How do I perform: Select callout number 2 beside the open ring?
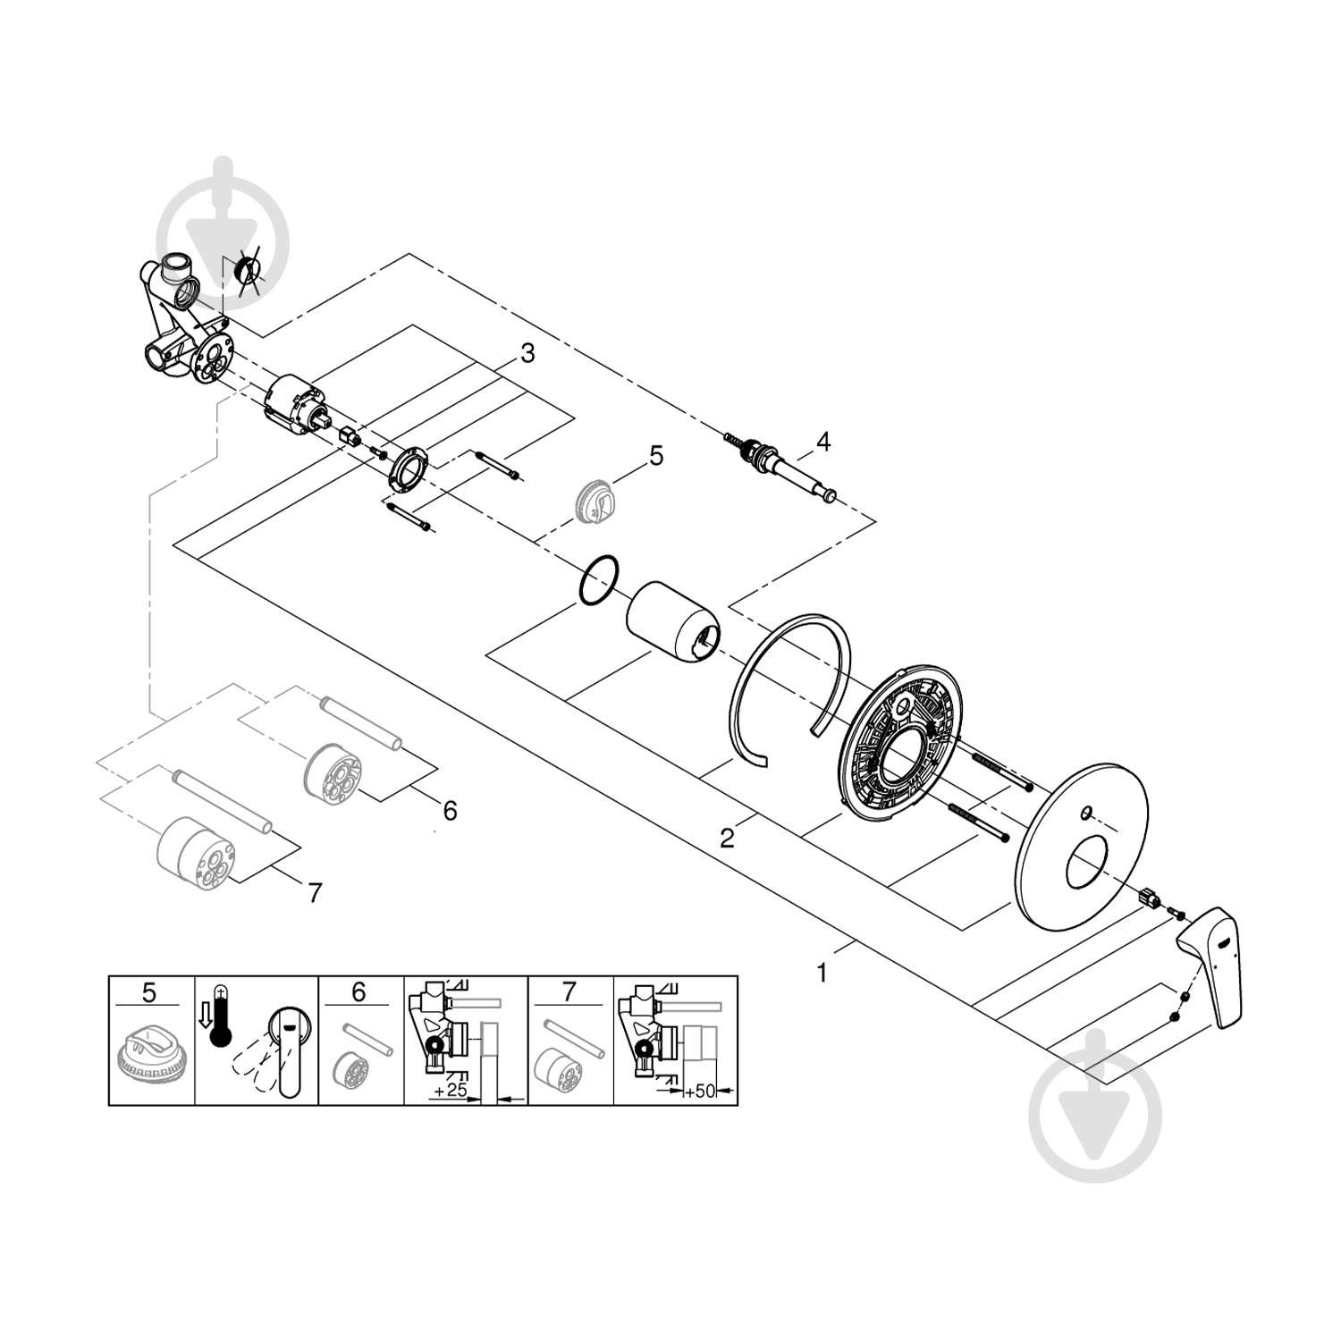(728, 838)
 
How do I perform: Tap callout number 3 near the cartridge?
(527, 354)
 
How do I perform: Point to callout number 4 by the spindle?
(822, 441)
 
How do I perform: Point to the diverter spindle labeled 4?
(787, 468)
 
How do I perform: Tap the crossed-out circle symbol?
(246, 270)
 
